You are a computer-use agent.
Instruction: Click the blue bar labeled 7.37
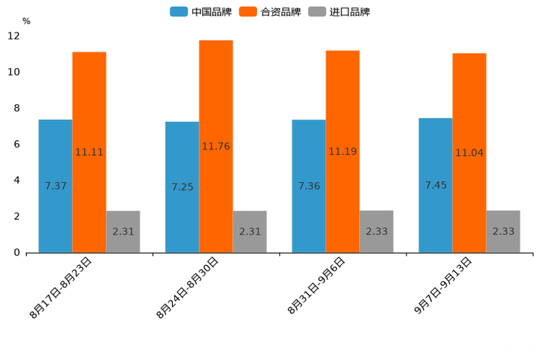(55, 186)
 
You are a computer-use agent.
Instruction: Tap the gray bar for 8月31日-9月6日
(376, 232)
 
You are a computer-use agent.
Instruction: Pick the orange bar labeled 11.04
(469, 152)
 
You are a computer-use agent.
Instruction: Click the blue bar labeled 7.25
(182, 187)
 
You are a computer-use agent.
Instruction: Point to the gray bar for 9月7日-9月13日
(503, 232)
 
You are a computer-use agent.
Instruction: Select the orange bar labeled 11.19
(343, 152)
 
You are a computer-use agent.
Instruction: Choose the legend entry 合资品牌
(270, 12)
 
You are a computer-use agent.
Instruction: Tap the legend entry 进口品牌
(339, 12)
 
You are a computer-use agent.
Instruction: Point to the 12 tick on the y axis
(14, 36)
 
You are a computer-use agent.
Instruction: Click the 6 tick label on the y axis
(17, 144)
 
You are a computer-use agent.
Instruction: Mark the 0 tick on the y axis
(17, 253)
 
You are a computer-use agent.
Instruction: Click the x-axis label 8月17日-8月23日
(61, 287)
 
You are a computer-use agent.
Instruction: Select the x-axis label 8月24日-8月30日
(187, 287)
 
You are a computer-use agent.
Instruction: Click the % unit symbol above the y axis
(26, 21)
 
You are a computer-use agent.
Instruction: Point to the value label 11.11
(89, 152)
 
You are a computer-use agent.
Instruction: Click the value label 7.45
(435, 185)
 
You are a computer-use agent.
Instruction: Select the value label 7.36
(308, 186)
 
